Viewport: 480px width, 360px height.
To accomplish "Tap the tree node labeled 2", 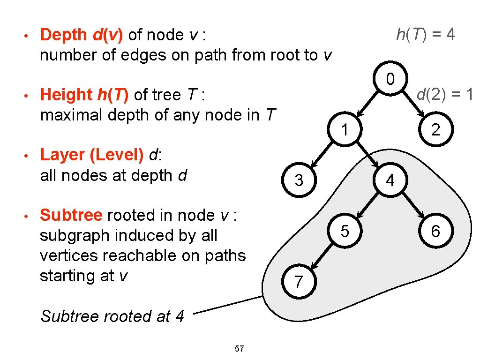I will (435, 129).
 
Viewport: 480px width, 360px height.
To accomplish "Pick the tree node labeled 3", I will (299, 180).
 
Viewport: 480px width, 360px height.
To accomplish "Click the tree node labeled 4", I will (390, 180).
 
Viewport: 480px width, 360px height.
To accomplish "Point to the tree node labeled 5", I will (345, 231).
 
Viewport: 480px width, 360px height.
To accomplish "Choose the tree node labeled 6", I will (435, 231).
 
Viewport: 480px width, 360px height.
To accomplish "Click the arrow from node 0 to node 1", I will (367, 104).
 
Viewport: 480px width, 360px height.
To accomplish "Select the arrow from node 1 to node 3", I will (322, 155).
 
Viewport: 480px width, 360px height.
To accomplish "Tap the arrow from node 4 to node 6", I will (412, 205).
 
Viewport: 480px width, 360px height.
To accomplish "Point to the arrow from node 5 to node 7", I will (322, 256).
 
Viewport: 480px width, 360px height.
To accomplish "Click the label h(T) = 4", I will (425, 34).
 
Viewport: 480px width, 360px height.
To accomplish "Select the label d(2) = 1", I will (444, 95).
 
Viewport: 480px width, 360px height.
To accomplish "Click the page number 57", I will (239, 348).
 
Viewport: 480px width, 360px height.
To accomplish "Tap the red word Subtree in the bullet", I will (71, 215).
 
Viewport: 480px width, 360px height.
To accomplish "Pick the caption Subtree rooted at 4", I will (112, 316).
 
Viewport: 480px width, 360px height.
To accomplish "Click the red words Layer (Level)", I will (92, 155).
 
